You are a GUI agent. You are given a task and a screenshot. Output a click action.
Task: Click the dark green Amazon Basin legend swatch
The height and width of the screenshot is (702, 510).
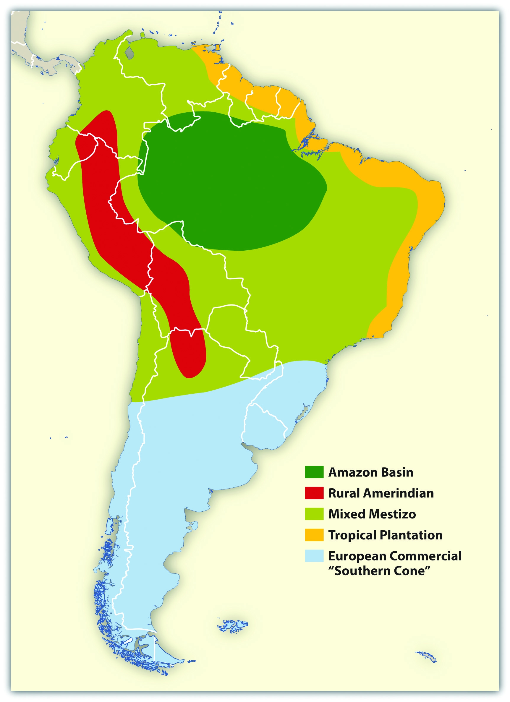tap(314, 472)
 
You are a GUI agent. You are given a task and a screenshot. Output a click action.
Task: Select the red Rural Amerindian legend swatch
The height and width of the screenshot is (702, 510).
tap(314, 493)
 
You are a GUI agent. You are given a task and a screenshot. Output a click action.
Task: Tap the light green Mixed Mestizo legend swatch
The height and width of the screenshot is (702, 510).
tap(314, 514)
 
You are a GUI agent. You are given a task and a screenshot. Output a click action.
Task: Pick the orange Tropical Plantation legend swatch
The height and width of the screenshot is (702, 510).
tap(314, 535)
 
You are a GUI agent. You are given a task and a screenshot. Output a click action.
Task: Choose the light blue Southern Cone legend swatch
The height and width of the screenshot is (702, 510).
tap(314, 556)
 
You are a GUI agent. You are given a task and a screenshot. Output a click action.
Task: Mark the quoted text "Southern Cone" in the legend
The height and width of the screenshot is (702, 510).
tap(379, 571)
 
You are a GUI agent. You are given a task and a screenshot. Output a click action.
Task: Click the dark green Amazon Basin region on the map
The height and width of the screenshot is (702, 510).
tap(229, 179)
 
